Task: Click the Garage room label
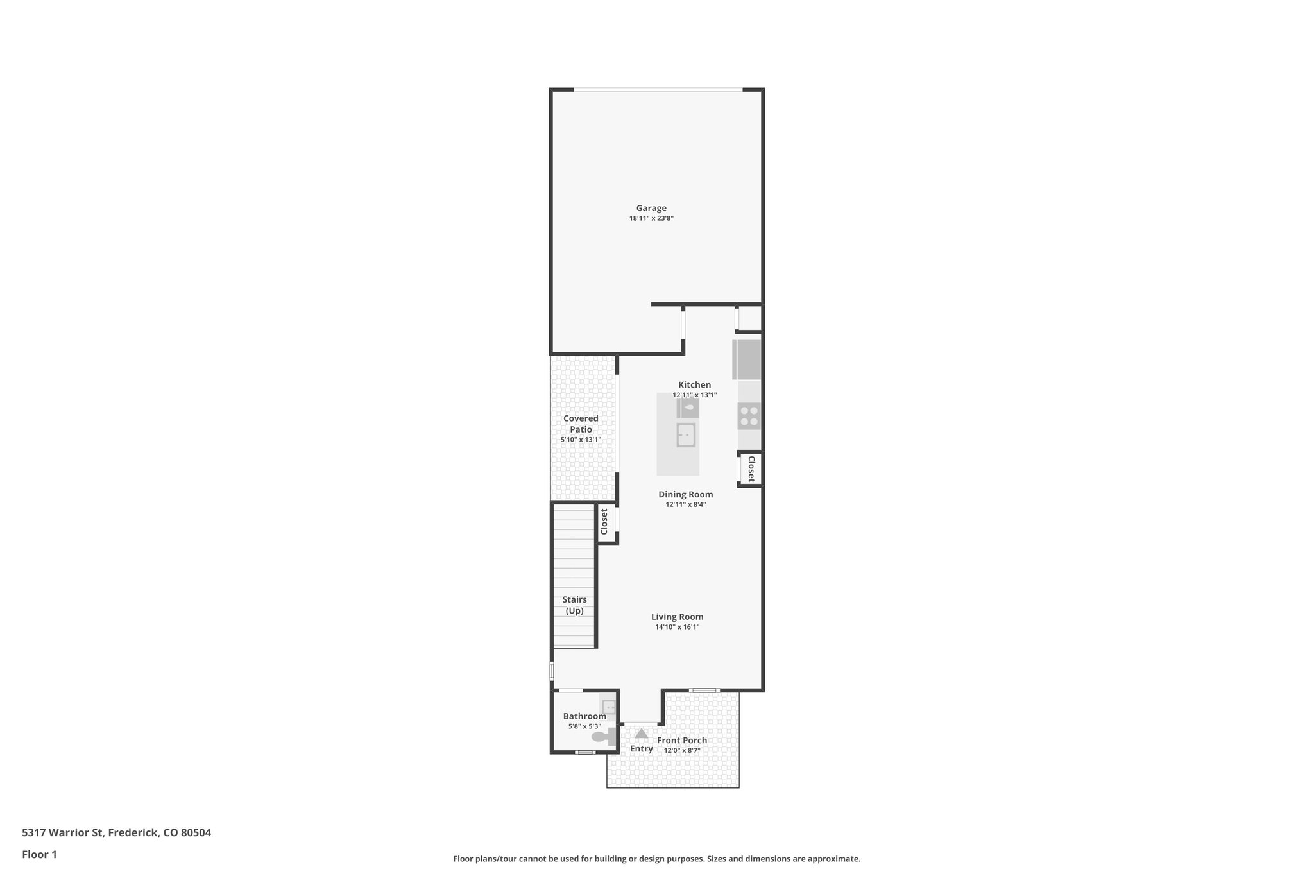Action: click(x=651, y=208)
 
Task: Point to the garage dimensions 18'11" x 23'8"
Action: click(x=651, y=219)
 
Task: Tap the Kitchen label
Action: click(x=694, y=385)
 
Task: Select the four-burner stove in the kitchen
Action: click(x=749, y=416)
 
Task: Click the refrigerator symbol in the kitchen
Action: click(x=747, y=359)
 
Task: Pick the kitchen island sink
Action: click(x=686, y=435)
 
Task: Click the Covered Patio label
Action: click(x=581, y=424)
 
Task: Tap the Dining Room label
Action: click(x=685, y=494)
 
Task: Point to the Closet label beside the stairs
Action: click(x=604, y=522)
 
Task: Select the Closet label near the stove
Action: click(x=751, y=469)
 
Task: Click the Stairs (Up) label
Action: click(x=574, y=605)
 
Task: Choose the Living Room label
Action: click(x=677, y=617)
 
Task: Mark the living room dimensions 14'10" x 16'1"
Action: click(x=677, y=627)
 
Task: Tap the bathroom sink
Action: click(x=609, y=707)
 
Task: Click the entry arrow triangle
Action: click(x=641, y=733)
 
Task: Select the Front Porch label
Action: click(x=681, y=740)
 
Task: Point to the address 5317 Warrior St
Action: click(x=116, y=833)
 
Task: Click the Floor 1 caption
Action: click(x=39, y=854)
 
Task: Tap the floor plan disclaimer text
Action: click(x=656, y=859)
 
